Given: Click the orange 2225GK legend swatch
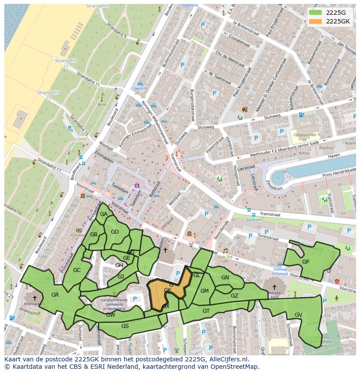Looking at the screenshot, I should click(316, 21).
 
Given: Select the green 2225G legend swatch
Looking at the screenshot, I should click(316, 12).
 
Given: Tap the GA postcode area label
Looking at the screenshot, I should click(103, 214).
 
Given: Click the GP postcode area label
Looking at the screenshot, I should click(306, 262).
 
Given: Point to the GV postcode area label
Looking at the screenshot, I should click(298, 314).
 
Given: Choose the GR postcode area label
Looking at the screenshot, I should click(55, 295).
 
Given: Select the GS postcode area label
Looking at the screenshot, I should click(125, 326).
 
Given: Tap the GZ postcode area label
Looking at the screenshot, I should click(234, 296).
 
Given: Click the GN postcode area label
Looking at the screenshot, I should click(225, 278).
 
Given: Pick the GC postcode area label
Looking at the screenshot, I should click(77, 270).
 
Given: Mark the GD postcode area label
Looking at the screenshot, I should click(115, 232).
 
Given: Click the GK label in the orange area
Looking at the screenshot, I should click(167, 290).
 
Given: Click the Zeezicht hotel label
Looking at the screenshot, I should click(140, 88).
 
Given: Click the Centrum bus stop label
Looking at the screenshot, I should click(254, 220).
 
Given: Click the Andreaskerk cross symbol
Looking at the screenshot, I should click(35, 298).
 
